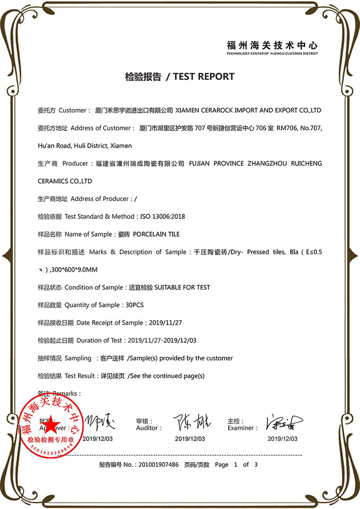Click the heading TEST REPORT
click(204, 77)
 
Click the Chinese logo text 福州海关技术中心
click(272, 45)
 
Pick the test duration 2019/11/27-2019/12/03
click(162, 341)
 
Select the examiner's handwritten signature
click(283, 422)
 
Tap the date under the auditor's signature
click(190, 439)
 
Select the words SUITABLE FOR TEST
click(182, 287)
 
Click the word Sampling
click(78, 358)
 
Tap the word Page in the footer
click(221, 465)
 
